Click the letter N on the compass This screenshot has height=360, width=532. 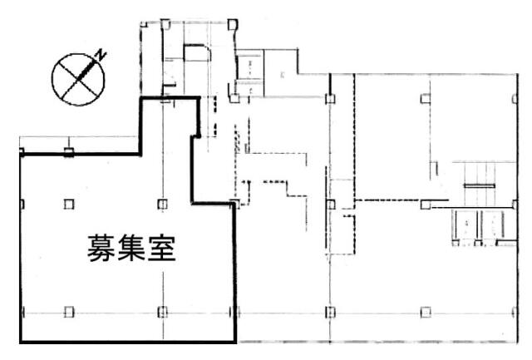coord(101,56)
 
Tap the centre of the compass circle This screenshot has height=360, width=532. coord(78,80)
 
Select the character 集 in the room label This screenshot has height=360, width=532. coord(131,249)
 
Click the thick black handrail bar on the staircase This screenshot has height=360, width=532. coord(480,185)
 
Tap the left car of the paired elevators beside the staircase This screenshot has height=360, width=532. coord(466,224)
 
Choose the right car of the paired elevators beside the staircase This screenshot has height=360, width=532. coord(493,224)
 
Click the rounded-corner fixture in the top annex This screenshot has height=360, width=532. coord(197,53)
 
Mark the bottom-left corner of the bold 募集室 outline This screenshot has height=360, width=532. coord(21,342)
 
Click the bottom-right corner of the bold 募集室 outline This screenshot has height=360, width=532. coord(235,342)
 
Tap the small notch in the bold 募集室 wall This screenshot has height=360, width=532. coord(196,136)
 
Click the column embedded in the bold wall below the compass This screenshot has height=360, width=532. coord(69,152)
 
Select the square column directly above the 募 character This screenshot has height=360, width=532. coord(69,205)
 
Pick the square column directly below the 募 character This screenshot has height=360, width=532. coord(69,312)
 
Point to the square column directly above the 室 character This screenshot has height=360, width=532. coord(163,205)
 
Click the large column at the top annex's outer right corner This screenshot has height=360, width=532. coord(233,25)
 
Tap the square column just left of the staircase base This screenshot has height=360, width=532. coord(426,205)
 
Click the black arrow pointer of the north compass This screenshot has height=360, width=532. coord(86,70)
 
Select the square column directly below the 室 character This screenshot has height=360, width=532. coord(163,312)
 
